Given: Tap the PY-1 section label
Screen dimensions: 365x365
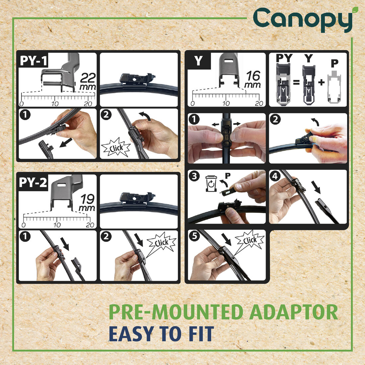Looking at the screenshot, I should [34, 61].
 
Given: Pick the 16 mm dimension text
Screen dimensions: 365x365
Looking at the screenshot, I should [253, 79].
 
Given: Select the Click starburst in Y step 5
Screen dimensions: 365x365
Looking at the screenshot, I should [250, 240].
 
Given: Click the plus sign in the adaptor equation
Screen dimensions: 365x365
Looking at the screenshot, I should [321, 82].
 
